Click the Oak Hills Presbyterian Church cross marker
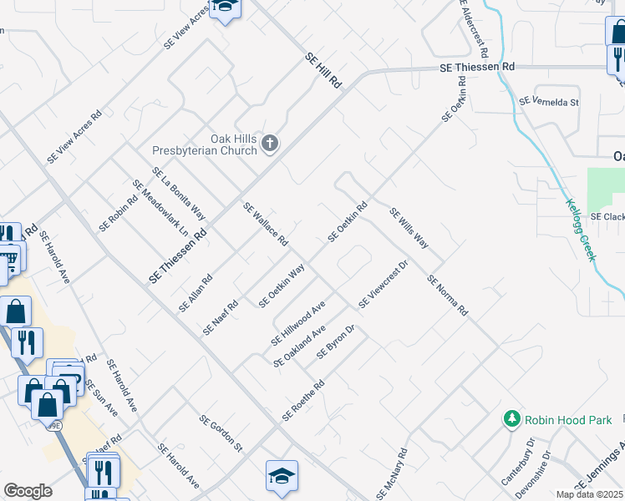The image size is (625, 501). coord(269,144)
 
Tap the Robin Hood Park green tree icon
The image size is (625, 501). coord(511,418)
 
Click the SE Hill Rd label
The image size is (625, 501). coord(324,71)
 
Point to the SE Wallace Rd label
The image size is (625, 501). coord(266,225)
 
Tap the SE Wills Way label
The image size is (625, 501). coord(409,229)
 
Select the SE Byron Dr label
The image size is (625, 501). coord(337,342)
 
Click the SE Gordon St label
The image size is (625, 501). coord(220,433)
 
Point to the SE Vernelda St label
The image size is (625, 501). coord(549,102)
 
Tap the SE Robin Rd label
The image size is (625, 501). coord(118,214)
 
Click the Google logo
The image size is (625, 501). coord(28,491)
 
